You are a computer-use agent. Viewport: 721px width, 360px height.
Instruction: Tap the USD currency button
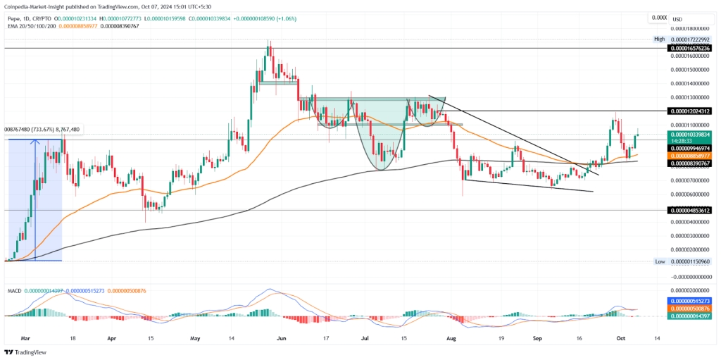(677, 19)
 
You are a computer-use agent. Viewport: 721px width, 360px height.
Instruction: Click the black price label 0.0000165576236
(691, 48)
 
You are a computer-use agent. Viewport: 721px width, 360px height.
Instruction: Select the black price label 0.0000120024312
(691, 111)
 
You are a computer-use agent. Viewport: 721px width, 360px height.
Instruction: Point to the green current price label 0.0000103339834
(691, 134)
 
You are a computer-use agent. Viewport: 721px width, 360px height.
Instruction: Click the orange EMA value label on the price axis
(691, 155)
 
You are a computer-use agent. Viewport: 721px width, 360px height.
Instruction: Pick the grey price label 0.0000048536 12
(691, 210)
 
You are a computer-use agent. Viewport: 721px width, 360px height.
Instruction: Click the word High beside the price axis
(659, 39)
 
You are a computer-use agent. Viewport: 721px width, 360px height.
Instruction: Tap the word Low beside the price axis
(660, 261)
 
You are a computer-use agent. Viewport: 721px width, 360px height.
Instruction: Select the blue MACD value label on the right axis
(691, 300)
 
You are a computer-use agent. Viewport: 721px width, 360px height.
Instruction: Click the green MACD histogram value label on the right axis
(691, 316)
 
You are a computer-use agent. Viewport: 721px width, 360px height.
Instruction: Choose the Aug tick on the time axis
(452, 337)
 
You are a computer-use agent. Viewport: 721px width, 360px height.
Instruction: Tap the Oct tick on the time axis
(620, 337)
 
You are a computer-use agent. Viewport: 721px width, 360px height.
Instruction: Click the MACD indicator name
(13, 290)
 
